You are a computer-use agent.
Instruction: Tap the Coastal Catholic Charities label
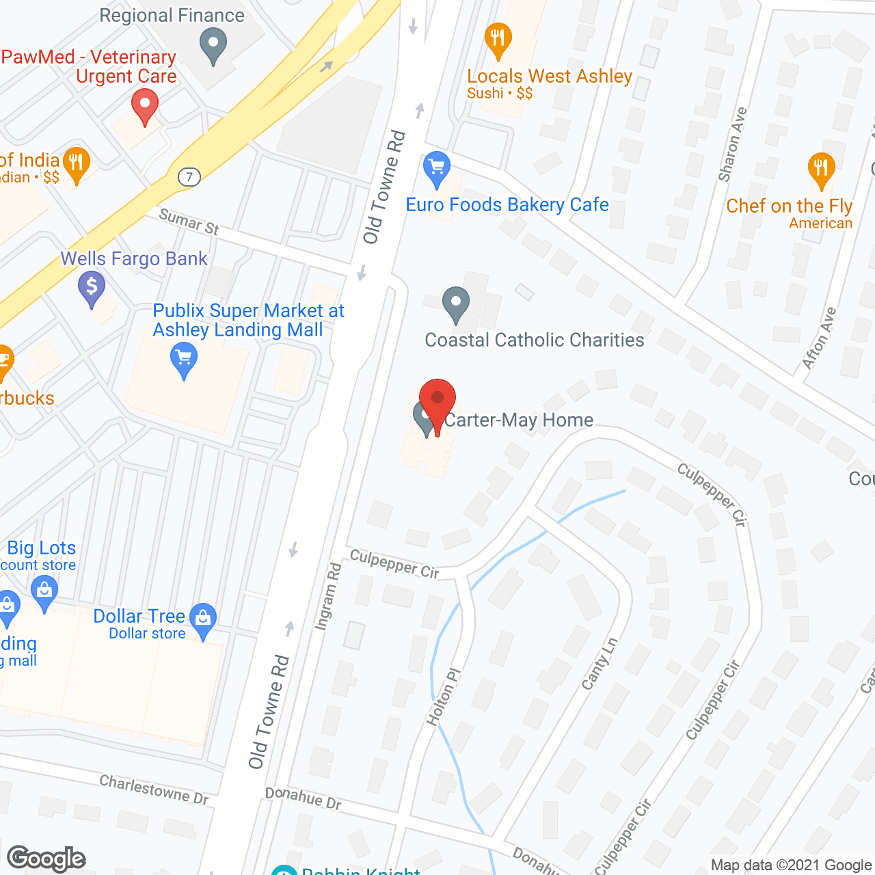[x=534, y=340]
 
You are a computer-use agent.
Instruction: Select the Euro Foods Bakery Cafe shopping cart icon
[x=436, y=169]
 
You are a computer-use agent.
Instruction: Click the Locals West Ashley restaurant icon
[x=498, y=40]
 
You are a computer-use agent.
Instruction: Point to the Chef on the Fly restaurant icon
[x=820, y=169]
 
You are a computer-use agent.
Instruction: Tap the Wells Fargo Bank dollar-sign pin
[x=91, y=287]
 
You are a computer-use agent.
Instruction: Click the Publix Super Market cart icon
[x=183, y=359]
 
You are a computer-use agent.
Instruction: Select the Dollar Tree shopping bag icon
[x=203, y=619]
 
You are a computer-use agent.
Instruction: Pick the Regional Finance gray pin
[x=213, y=44]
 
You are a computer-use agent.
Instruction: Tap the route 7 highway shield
[x=189, y=177]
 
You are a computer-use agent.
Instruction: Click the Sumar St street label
[x=189, y=222]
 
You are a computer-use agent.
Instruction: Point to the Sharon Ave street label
[x=732, y=144]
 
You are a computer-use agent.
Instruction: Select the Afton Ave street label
[x=819, y=338]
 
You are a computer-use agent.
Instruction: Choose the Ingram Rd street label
[x=327, y=595]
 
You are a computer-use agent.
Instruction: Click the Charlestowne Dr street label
[x=154, y=789]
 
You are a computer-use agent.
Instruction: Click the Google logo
[x=46, y=859]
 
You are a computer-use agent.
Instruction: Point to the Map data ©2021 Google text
[x=791, y=865]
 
